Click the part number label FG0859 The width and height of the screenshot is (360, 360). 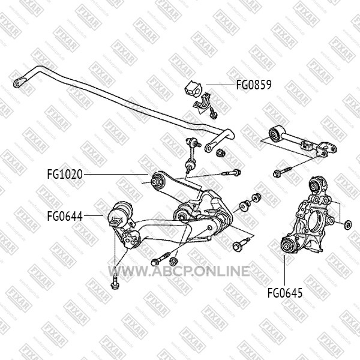point(254,85)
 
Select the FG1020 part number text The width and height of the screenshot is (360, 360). point(65,174)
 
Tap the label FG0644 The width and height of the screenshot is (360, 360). point(65,216)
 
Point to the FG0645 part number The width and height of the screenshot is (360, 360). point(285,293)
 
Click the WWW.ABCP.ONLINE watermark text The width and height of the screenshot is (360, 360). point(179,271)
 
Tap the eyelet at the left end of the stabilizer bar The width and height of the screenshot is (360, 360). point(19,82)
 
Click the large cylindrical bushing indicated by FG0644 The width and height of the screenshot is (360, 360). point(121,214)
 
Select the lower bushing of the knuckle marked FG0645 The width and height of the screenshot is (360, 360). point(288,245)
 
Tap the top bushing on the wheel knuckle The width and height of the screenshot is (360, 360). point(316,184)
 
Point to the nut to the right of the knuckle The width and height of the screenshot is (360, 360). point(348,224)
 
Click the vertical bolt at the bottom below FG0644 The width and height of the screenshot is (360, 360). point(114,283)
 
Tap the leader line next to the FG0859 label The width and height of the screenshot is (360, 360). point(220,85)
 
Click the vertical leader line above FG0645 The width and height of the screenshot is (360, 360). point(284,271)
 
